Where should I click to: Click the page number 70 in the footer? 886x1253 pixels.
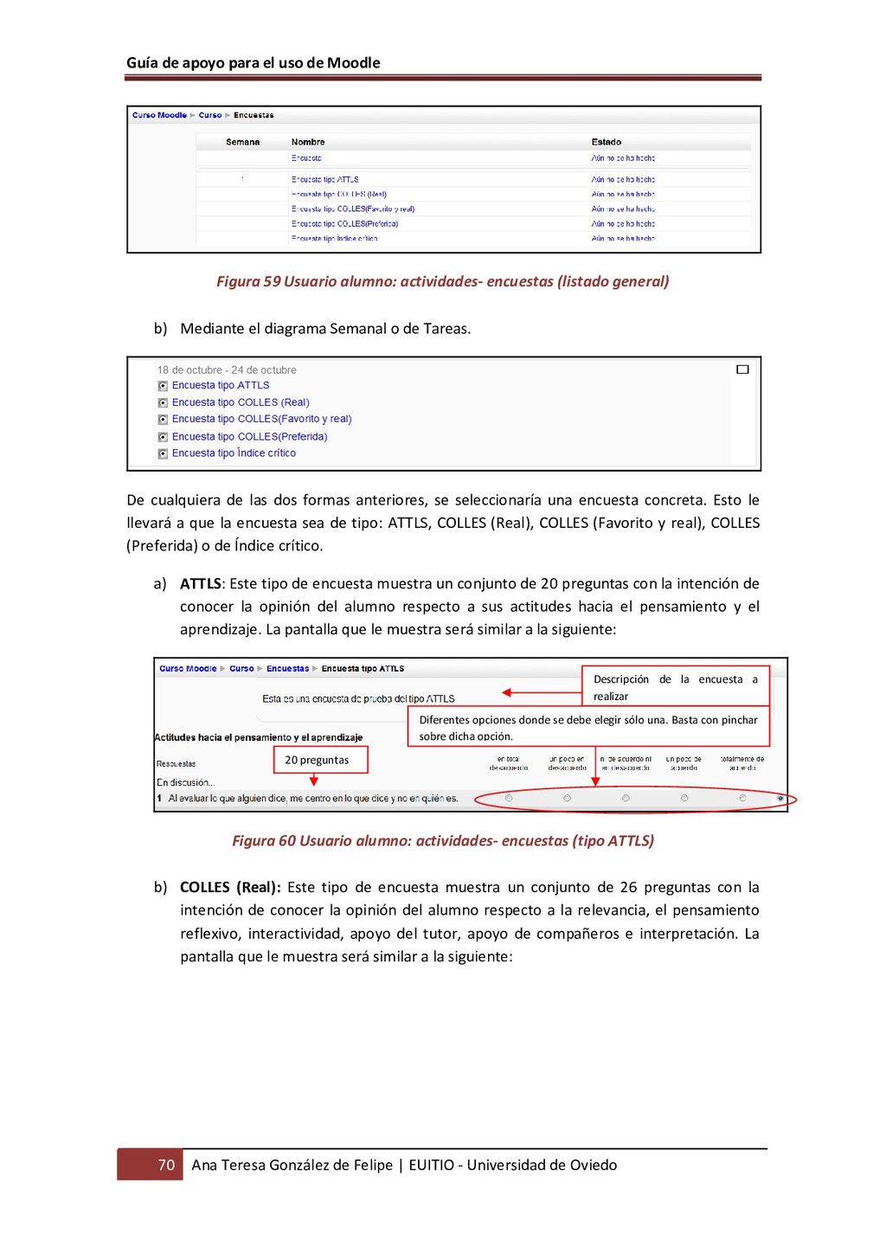166,1165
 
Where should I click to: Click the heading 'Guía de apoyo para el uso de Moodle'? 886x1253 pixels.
253,63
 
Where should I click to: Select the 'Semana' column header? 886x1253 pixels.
242,142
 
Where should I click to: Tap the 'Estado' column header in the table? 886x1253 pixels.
606,142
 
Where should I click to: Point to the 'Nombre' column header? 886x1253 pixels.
308,142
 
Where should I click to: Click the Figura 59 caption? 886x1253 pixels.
442,281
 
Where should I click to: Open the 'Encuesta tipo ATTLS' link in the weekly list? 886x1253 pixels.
220,386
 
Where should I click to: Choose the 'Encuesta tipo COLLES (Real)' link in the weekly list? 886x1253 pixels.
240,402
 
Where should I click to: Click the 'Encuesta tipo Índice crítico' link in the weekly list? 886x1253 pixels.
234,453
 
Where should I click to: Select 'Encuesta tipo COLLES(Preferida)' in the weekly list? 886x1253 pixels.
249,437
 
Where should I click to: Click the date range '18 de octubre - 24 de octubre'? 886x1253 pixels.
227,370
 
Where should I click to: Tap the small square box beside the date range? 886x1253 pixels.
742,369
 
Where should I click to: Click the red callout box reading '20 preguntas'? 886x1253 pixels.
317,760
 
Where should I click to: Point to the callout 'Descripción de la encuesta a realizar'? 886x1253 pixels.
675,687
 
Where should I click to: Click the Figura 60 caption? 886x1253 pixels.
442,841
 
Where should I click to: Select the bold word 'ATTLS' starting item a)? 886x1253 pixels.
201,584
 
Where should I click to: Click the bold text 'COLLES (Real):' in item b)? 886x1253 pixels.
230,888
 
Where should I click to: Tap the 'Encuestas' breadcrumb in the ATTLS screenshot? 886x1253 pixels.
287,669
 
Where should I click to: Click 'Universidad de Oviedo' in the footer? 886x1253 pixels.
542,1165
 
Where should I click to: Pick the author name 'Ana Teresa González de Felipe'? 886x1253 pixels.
292,1165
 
